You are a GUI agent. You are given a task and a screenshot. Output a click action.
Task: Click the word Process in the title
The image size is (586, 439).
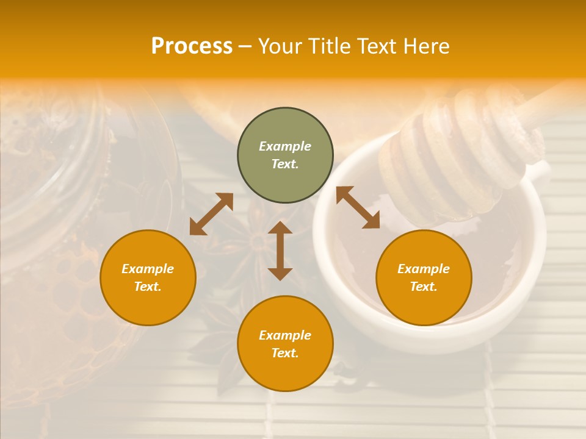pos(192,46)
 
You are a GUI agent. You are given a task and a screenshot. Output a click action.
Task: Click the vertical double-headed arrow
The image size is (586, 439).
pos(280,251)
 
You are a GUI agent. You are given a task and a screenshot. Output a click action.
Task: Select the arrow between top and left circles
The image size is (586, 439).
pos(211,214)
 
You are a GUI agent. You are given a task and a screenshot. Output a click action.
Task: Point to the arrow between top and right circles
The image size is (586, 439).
pos(358,207)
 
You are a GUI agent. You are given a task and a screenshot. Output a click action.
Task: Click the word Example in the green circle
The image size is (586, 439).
pos(285,146)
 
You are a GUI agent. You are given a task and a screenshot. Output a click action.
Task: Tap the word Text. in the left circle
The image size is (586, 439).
pos(148,287)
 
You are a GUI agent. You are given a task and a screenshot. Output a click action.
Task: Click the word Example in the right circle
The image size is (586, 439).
pos(424,269)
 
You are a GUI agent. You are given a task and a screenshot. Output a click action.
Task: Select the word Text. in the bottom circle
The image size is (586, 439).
pos(285,353)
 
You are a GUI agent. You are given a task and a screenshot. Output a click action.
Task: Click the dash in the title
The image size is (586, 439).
pos(245,46)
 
